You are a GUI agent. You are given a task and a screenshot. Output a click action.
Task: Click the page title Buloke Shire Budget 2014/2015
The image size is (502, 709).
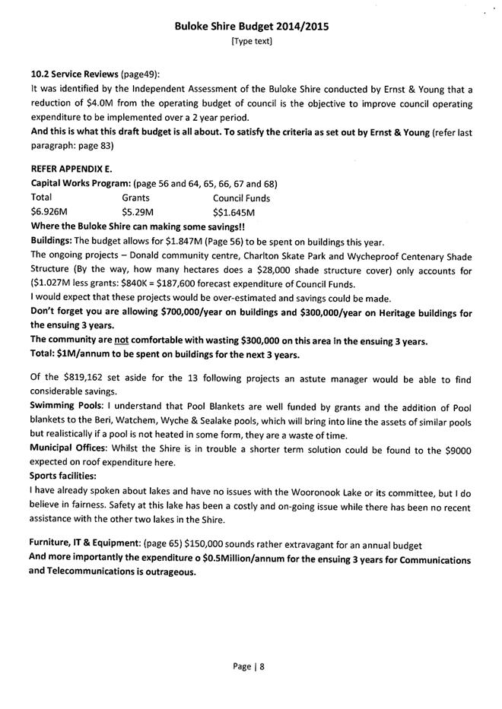pyautogui.click(x=251, y=27)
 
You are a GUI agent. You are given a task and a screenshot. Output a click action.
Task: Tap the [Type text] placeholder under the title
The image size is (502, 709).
pyautogui.click(x=251, y=41)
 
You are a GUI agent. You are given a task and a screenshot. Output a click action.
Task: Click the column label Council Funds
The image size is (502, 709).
pyautogui.click(x=241, y=198)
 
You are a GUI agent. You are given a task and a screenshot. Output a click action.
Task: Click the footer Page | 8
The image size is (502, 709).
pyautogui.click(x=250, y=666)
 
